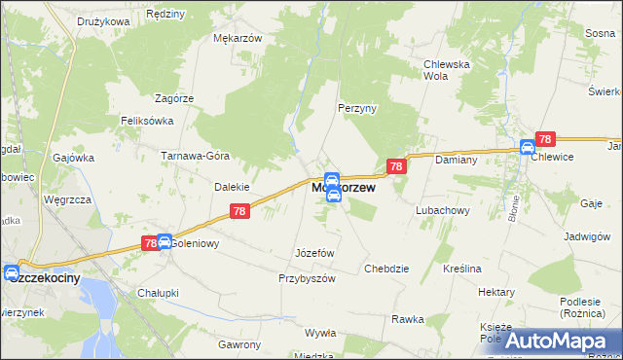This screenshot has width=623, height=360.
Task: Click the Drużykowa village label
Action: (x=104, y=20)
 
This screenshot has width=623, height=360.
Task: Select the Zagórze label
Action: (x=175, y=98)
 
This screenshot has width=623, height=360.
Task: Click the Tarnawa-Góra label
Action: (x=195, y=156)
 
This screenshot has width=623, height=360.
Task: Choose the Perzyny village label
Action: (x=356, y=108)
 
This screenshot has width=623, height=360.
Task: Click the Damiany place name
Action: (x=455, y=158)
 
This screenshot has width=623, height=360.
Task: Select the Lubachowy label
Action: (x=443, y=209)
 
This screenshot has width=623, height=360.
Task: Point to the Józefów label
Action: (x=314, y=253)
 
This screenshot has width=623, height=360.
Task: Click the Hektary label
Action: (x=496, y=292)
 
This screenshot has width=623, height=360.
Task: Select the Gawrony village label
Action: (x=239, y=344)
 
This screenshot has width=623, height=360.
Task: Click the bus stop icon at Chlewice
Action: (x=528, y=148)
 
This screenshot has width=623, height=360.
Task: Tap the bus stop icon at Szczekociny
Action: (x=11, y=273)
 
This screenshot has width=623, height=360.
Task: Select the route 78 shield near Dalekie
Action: (x=240, y=211)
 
